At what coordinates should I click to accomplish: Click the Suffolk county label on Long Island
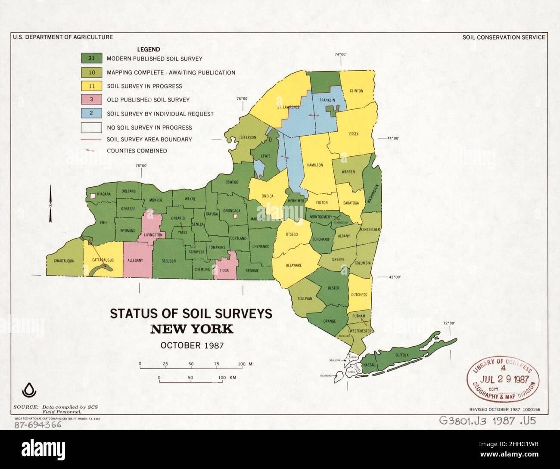[x=402, y=355]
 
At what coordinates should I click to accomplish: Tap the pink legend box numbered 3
[x=92, y=99]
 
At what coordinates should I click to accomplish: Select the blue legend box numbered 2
[x=92, y=114]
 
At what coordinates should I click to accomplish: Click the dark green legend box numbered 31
[x=92, y=58]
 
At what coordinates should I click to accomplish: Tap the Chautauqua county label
[x=65, y=261]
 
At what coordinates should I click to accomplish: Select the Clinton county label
[x=356, y=91]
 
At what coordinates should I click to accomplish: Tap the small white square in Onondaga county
[x=235, y=216]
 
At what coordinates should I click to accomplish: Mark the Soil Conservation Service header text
[x=504, y=37]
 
